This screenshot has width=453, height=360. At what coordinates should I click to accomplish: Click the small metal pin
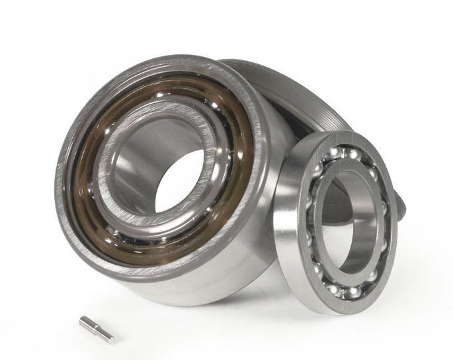click(x=97, y=328)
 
